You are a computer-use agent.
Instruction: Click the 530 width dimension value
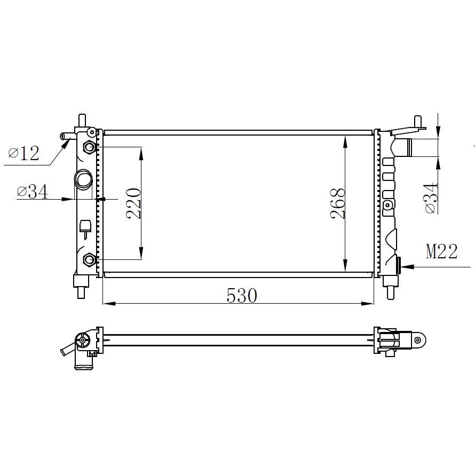coord(242,296)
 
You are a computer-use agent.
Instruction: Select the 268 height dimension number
coord(338,203)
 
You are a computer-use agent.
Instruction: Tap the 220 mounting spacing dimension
coord(133,203)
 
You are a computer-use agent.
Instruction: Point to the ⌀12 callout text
coord(24,153)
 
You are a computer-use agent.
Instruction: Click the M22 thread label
coord(441,251)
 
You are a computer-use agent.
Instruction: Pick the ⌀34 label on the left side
coord(33,192)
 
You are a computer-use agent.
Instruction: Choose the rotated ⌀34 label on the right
coord(432,198)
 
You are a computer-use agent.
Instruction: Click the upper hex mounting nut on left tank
coord(89,147)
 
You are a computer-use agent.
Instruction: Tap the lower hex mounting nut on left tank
coord(89,259)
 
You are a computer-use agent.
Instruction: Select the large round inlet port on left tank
coord(83,179)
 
